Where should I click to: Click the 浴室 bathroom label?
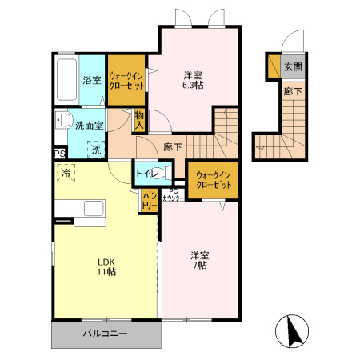[92, 80]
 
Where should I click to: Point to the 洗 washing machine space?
[95, 149]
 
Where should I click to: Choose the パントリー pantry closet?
[150, 200]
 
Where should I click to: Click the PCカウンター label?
[174, 194]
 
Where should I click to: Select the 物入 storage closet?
[139, 121]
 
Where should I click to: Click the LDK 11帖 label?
[107, 266]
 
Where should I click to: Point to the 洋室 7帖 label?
[199, 260]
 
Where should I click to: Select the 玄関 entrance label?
[293, 67]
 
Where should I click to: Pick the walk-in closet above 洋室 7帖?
[213, 180]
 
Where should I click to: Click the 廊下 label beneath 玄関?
[293, 91]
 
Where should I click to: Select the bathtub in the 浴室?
[66, 78]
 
